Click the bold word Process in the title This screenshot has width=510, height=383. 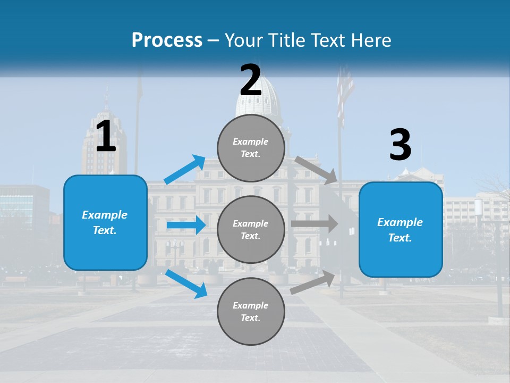[x=167, y=40]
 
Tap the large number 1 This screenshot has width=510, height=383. [x=106, y=137]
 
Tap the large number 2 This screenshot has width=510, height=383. [x=251, y=80]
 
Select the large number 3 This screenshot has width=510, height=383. [x=400, y=145]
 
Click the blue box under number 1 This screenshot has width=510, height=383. [x=105, y=222]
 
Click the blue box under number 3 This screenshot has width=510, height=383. [x=401, y=229]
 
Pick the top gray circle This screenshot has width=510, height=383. [x=251, y=148]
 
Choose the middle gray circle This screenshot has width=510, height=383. [x=251, y=229]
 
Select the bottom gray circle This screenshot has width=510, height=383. [x=251, y=311]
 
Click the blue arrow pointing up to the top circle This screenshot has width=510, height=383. [x=185, y=169]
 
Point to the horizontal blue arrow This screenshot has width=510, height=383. [x=186, y=225]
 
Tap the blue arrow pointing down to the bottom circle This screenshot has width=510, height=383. [x=186, y=284]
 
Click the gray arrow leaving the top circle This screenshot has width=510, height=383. [x=316, y=170]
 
